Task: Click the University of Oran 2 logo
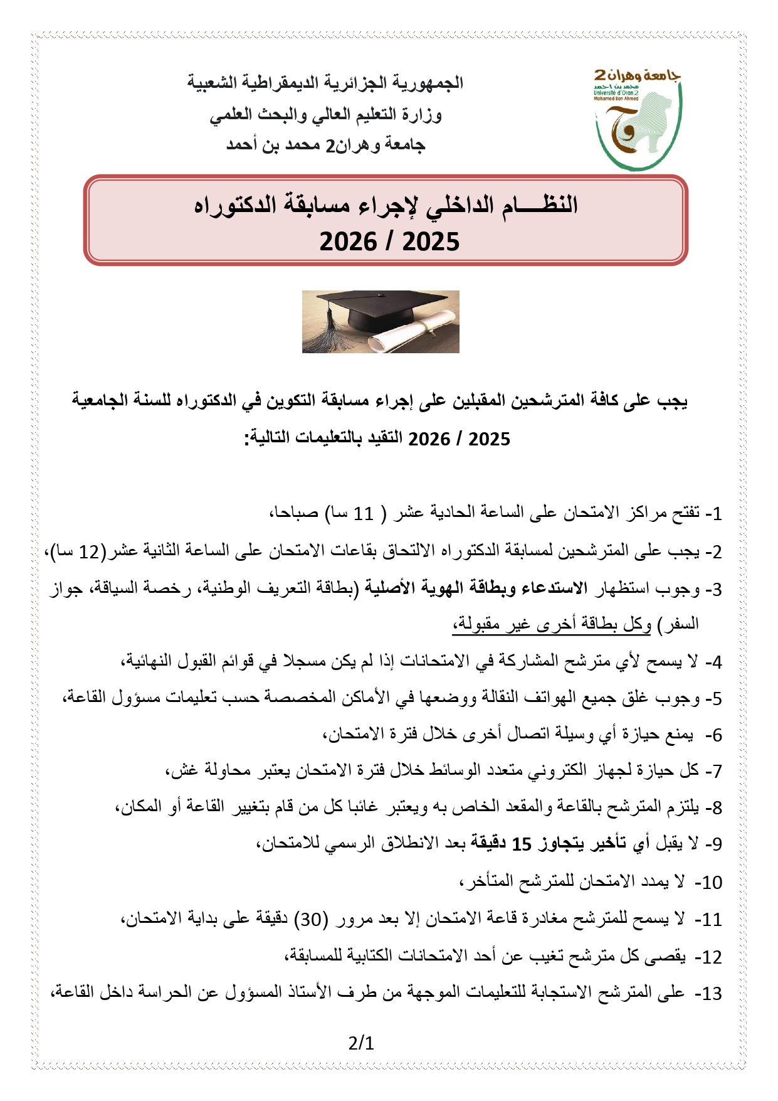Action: click(637, 119)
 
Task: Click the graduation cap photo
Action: click(381, 321)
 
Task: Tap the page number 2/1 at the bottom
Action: click(361, 1043)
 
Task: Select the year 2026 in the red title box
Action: click(349, 242)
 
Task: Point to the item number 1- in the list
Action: click(713, 514)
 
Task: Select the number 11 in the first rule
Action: click(364, 514)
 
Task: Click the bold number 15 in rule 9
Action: click(522, 844)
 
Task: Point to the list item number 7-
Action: click(713, 771)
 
